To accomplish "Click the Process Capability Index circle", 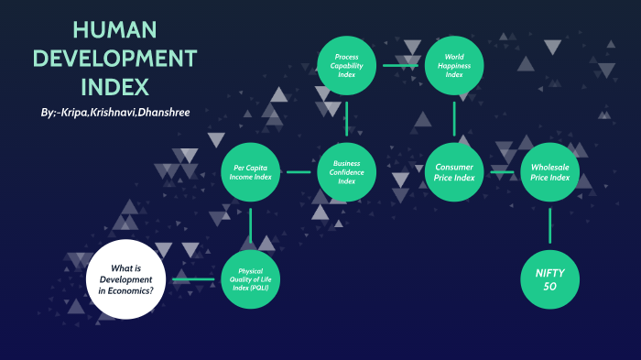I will click(346, 65).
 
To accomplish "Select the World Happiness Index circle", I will click(454, 65).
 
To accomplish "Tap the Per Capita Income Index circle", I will click(251, 172).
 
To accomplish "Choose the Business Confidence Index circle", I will click(346, 172).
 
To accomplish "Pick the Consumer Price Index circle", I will click(454, 172).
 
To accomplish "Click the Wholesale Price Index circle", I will click(550, 172).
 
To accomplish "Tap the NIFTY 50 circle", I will click(550, 278).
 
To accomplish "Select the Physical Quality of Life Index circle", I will click(251, 278).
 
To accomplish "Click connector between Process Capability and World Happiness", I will click(400, 65).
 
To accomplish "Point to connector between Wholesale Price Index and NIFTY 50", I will click(550, 224).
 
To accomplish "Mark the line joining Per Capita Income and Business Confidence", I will click(299, 172).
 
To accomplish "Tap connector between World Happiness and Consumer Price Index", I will click(454, 119).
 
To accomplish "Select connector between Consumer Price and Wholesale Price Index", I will click(503, 172).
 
